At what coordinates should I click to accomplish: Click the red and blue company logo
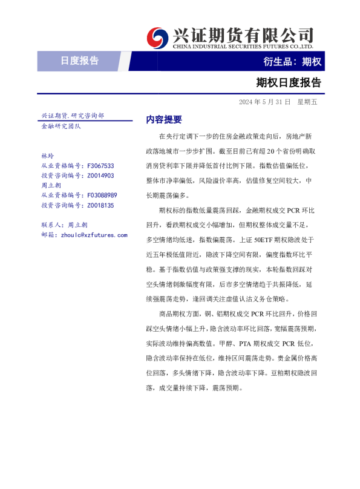[159, 38]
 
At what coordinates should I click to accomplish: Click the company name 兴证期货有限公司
[243, 34]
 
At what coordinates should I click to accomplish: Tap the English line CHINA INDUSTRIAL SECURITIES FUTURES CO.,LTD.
[243, 46]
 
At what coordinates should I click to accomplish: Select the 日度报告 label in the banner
[79, 61]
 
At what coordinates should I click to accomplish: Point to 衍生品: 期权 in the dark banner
[292, 61]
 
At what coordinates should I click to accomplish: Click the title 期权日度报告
[289, 82]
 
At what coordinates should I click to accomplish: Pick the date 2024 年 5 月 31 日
[265, 102]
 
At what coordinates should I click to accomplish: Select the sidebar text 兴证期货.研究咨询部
[73, 116]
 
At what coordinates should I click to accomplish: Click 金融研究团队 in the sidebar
[61, 126]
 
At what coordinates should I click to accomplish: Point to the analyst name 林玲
[47, 156]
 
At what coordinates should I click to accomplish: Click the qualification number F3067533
[100, 165]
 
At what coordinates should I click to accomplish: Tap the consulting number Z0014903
[100, 176]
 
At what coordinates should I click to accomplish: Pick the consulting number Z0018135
[100, 206]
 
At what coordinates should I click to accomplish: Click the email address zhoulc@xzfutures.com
[93, 235]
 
